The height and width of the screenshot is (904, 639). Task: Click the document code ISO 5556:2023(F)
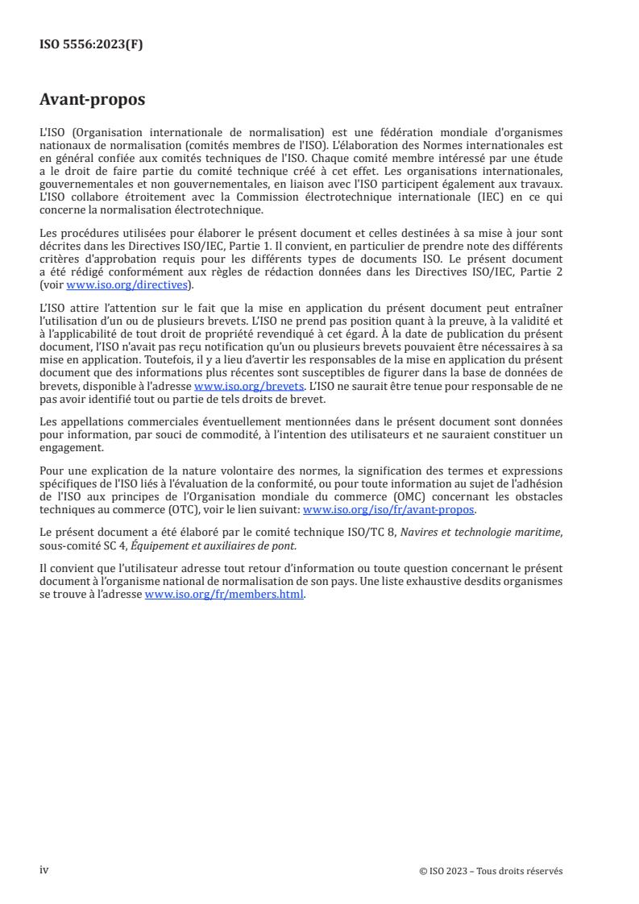[91, 45]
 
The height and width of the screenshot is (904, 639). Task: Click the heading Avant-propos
[93, 101]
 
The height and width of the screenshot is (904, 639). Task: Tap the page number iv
[44, 870]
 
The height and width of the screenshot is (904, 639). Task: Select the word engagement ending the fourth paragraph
[71, 449]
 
